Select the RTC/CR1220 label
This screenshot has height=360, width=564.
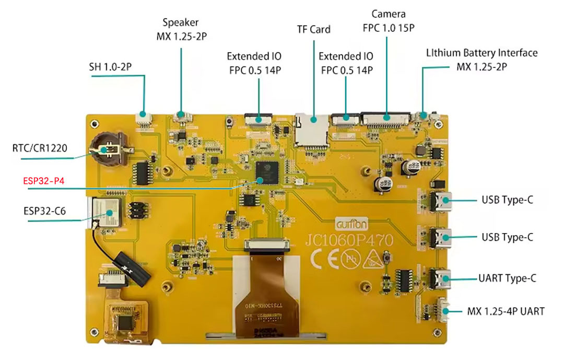[x=39, y=148]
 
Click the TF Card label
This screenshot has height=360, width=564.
[x=313, y=29]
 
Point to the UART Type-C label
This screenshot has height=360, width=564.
[x=507, y=278]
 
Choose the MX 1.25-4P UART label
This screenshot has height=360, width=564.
[x=506, y=311]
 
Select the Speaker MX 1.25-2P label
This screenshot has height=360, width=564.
[x=181, y=29]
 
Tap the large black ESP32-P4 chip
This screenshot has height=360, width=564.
[x=267, y=172]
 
